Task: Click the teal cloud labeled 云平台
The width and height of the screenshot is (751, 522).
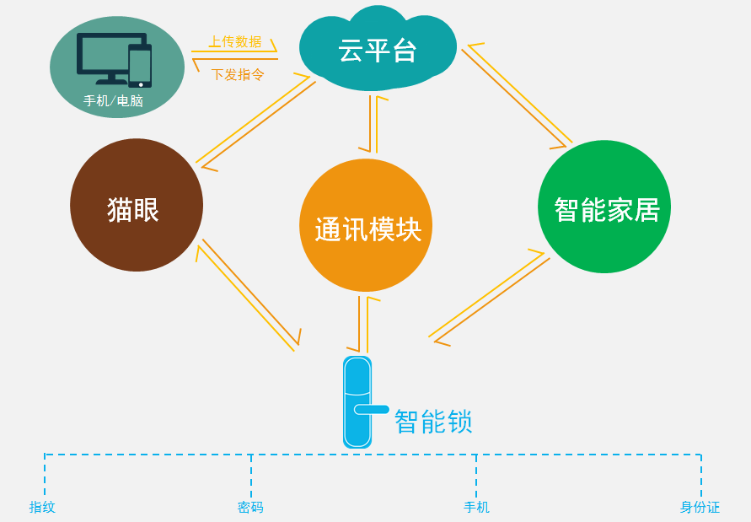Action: click(x=377, y=51)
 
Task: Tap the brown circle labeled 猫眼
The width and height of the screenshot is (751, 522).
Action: click(x=136, y=206)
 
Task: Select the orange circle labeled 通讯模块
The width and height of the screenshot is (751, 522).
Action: click(x=366, y=226)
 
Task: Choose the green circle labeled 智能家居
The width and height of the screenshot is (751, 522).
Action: click(x=604, y=207)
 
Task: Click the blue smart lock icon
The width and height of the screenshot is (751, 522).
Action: click(x=357, y=401)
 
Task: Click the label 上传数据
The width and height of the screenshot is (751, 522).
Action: click(x=235, y=41)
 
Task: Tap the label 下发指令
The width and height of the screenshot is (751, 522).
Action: click(x=237, y=74)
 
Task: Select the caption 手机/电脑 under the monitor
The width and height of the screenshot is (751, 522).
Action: click(x=113, y=101)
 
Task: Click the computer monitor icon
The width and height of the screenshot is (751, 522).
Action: click(x=107, y=56)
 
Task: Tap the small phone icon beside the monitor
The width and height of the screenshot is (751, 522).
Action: click(x=140, y=66)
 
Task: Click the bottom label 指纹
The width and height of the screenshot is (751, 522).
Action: click(x=42, y=507)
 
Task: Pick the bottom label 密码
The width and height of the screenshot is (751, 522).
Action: click(x=250, y=507)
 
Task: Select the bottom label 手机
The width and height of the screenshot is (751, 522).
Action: click(x=476, y=507)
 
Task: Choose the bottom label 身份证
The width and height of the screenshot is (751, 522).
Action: click(x=700, y=507)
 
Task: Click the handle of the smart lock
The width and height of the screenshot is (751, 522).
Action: click(x=372, y=410)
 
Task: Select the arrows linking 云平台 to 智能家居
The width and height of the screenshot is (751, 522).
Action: click(x=517, y=94)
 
